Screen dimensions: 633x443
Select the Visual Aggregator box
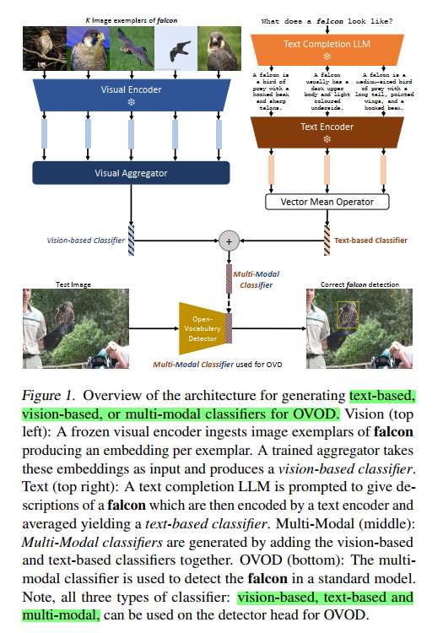130,173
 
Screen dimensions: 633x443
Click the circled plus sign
226,240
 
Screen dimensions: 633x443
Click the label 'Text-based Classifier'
370,240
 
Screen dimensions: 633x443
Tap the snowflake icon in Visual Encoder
131,101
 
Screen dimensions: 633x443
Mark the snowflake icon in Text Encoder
326,140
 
